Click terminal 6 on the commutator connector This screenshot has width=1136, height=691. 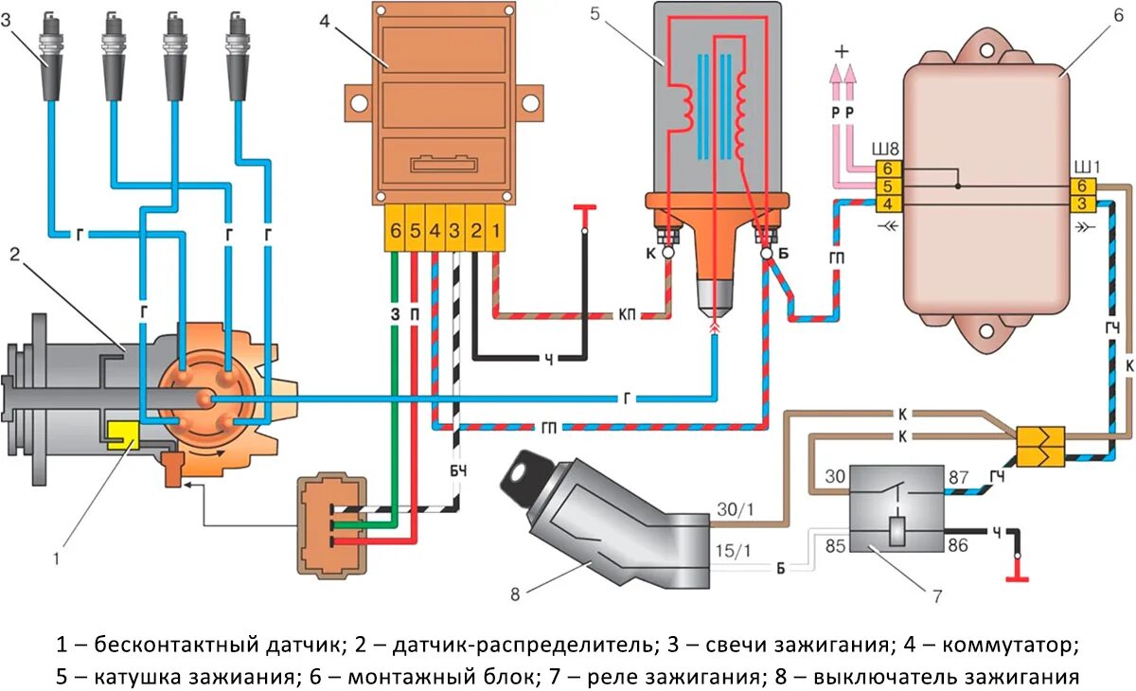pyautogui.click(x=395, y=230)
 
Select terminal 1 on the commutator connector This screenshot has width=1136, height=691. pyautogui.click(x=497, y=230)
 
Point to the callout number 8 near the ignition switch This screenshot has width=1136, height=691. pyautogui.click(x=515, y=594)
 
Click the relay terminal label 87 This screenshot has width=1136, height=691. pyautogui.click(x=957, y=477)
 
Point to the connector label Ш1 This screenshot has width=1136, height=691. pyautogui.click(x=1085, y=168)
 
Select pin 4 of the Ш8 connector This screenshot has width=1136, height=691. pyautogui.click(x=887, y=204)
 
